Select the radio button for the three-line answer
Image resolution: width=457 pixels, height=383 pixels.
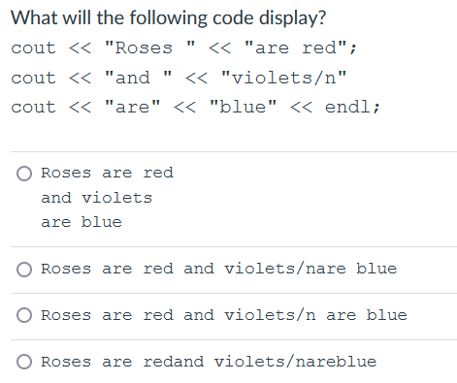(24, 174)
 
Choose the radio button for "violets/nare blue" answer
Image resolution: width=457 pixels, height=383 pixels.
(24, 269)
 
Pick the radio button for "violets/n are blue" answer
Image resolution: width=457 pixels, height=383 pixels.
(24, 315)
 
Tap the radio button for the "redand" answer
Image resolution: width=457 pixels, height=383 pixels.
(24, 362)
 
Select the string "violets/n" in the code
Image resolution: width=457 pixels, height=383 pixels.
(282, 78)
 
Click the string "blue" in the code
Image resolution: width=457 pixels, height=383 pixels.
(239, 107)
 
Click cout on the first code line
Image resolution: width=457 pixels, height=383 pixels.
(34, 48)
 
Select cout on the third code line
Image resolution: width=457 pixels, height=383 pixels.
(34, 107)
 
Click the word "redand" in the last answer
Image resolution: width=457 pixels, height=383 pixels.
(174, 362)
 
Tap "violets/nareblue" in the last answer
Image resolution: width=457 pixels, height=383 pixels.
(295, 362)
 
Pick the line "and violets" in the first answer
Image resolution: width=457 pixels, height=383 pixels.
(96, 198)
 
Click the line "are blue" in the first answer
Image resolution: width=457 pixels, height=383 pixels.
(82, 222)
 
